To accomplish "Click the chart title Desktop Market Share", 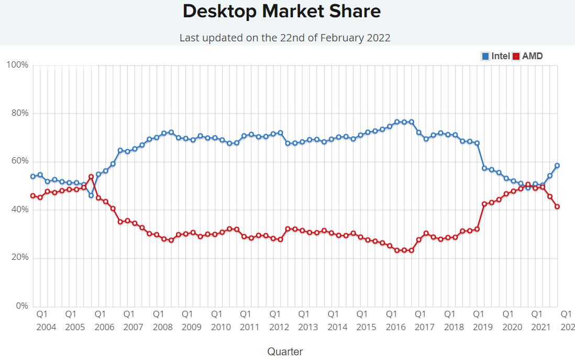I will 282,11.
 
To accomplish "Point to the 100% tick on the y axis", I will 17,65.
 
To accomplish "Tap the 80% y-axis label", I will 19,113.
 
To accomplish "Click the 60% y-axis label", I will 19,161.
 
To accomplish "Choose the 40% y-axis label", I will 19,210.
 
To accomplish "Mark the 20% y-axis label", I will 19,258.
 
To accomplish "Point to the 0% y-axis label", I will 21,306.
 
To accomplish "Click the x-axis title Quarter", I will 285,352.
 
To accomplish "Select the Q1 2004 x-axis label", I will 46,320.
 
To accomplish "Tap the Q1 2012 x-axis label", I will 279,320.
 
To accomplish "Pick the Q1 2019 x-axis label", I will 482,320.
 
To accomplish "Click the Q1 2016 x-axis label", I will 395,320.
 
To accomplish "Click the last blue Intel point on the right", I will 557,166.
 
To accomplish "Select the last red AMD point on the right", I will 557,206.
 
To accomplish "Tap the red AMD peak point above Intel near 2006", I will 91,177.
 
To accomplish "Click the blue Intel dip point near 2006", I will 91,195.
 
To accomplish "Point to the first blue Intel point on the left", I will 33,177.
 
